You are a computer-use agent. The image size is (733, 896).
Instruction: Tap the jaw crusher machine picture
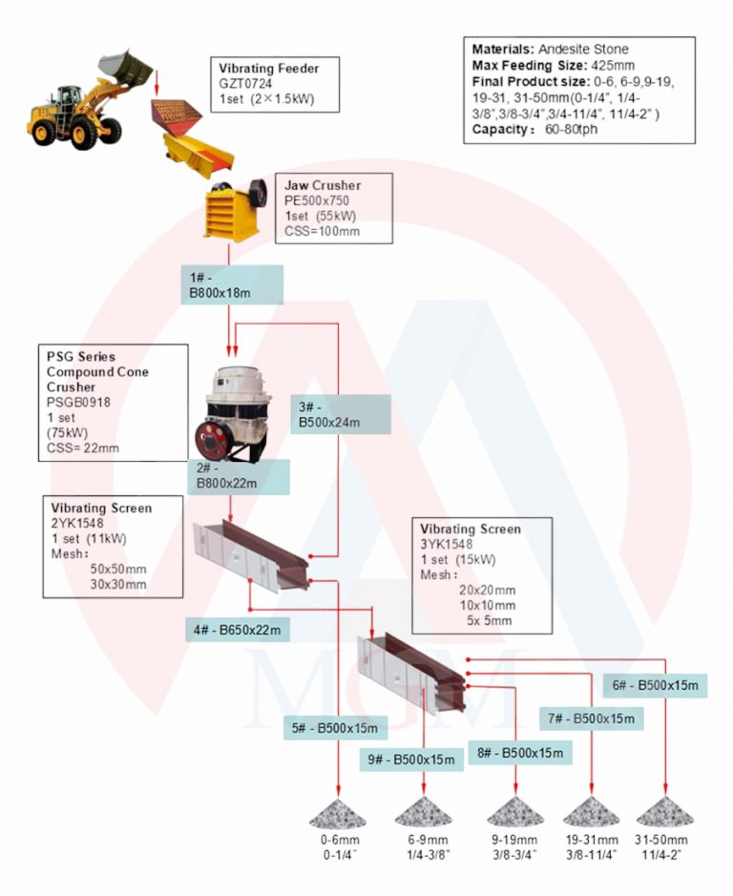tap(236, 209)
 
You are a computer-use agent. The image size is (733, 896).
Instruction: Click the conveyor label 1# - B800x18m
tap(232, 284)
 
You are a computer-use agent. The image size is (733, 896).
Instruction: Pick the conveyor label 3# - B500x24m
tap(341, 414)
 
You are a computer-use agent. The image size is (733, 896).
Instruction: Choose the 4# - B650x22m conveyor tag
tap(238, 630)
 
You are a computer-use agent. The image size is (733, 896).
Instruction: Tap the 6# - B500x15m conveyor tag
tap(656, 685)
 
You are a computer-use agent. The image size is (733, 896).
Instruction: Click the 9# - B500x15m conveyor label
tap(411, 760)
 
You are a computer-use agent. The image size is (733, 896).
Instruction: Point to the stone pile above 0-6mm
tap(338, 813)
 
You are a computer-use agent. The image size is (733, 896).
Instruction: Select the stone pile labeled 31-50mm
tap(665, 812)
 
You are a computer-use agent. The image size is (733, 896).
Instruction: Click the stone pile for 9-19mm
tap(515, 812)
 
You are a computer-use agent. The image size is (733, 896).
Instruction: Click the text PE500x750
tap(317, 200)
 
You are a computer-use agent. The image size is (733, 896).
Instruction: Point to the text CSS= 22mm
tap(83, 448)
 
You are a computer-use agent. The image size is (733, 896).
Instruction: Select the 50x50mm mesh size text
tap(118, 569)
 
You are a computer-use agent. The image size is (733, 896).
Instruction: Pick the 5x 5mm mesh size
tap(489, 620)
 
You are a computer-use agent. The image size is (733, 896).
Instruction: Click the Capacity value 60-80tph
tap(571, 129)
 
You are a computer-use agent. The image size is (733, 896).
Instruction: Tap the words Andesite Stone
tap(583, 50)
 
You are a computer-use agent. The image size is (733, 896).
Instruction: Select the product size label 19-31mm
tap(592, 840)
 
